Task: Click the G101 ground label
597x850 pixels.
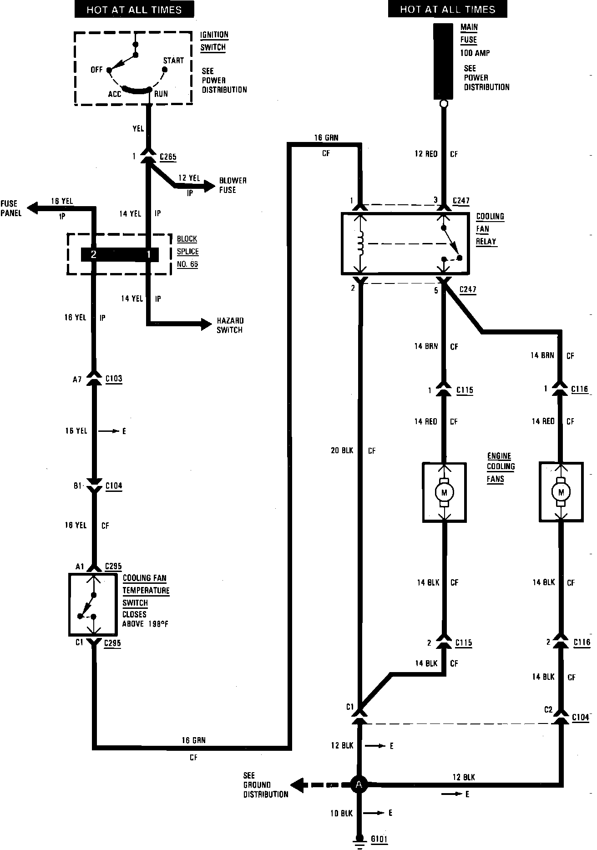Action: pos(379,839)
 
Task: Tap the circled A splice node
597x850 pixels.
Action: pos(359,784)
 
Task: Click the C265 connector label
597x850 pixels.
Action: pos(168,157)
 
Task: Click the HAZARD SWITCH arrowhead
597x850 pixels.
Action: pos(207,324)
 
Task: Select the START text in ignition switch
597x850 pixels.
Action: pos(173,61)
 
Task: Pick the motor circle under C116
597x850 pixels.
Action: pos(561,492)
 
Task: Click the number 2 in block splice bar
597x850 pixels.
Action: pos(93,255)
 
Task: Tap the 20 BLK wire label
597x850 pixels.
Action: pos(342,451)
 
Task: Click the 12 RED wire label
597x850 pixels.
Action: pos(425,154)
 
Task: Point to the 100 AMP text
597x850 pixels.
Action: pos(475,53)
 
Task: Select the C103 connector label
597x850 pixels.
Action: pos(114,379)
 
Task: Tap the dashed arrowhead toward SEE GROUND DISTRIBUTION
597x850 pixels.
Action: pos(298,784)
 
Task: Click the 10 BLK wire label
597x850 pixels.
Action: pos(341,813)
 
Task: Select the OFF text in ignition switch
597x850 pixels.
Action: pos(96,70)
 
